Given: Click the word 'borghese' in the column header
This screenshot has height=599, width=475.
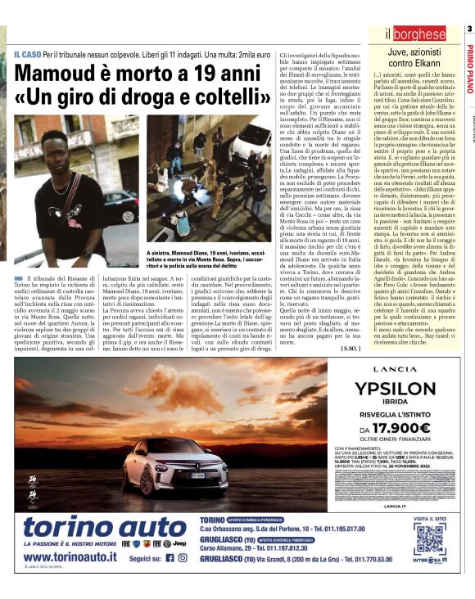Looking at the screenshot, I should tap(419, 34).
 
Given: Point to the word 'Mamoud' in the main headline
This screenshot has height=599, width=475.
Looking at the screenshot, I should tap(54, 75).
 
